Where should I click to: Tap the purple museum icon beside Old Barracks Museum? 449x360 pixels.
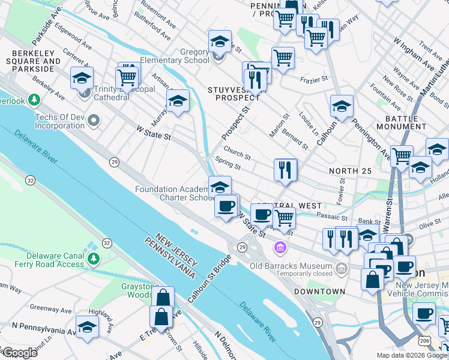click(280, 247)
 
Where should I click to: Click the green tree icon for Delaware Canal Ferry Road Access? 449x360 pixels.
click(92, 259)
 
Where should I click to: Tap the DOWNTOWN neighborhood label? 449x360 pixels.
click(319, 292)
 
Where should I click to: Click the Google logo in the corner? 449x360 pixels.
click(19, 353)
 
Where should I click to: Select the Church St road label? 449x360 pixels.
click(237, 152)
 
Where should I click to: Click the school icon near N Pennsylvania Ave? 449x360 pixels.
click(87, 328)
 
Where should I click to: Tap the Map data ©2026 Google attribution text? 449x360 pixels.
click(412, 355)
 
